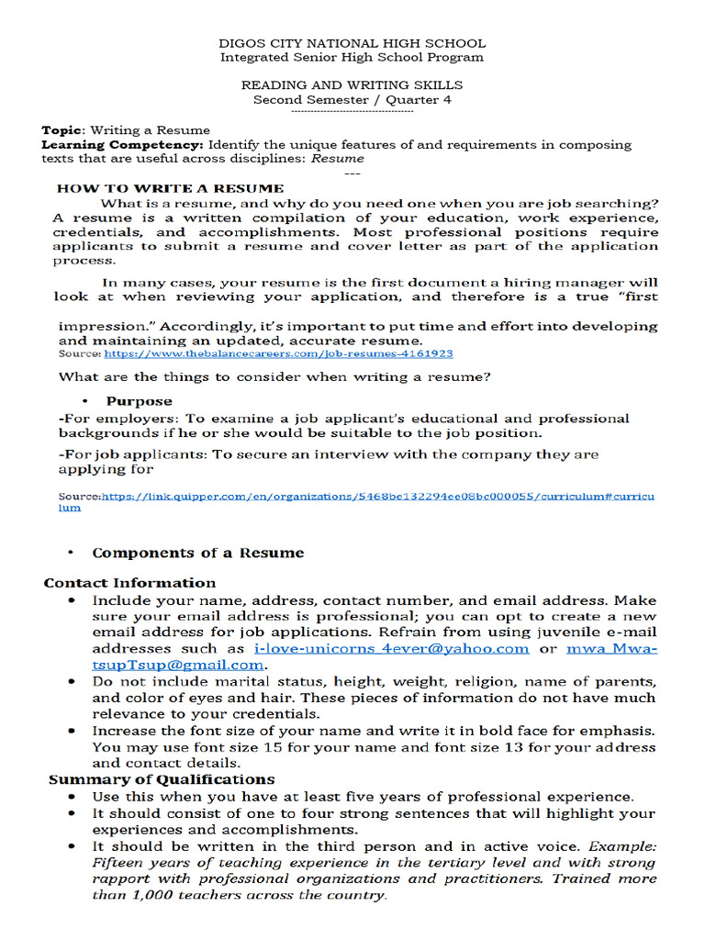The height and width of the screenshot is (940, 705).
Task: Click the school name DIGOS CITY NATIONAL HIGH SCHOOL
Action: pos(352,43)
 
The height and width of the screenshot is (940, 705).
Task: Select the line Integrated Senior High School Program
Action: pos(352,57)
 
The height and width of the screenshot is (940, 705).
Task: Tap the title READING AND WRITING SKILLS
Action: pos(352,85)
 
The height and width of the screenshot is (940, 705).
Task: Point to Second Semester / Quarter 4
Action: pos(352,99)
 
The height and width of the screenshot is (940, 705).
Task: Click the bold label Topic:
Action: pos(63,130)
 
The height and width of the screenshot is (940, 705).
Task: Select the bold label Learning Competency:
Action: pos(123,145)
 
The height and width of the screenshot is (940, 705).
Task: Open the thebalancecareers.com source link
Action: pos(278,353)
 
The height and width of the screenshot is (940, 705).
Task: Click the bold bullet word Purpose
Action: pos(139,401)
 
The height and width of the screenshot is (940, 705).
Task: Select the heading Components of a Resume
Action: pos(197,553)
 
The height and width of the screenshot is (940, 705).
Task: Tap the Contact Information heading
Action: pos(129,583)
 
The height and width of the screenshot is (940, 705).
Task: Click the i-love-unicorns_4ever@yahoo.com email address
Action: pos(391,648)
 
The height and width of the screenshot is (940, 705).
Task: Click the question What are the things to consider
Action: pos(274,376)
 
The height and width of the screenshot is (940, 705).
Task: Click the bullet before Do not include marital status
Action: pos(73,682)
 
